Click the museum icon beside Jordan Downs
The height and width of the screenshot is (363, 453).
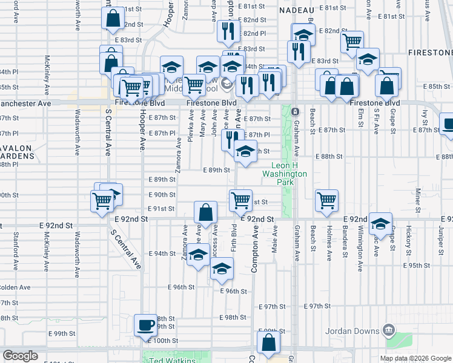[x=389, y=330]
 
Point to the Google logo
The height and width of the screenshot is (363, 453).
[x=20, y=356]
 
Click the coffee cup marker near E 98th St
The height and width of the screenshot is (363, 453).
[x=145, y=325]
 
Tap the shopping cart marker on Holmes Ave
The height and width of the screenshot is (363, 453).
[x=326, y=200]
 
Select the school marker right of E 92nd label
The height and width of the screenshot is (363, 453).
[x=380, y=224]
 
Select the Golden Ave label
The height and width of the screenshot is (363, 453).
[x=15, y=287]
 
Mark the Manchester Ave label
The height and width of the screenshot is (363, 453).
[x=24, y=103]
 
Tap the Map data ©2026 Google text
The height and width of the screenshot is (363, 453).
[x=415, y=358]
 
